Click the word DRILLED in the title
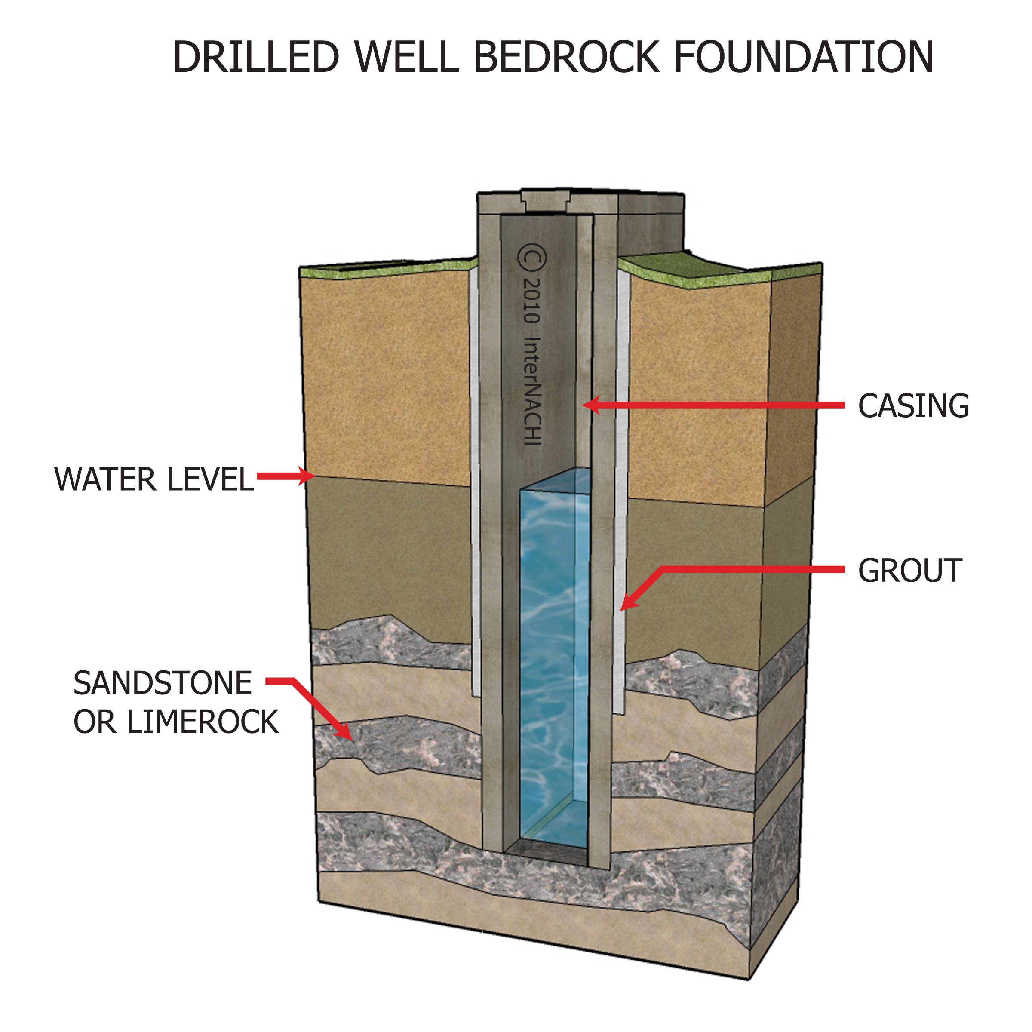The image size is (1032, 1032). tap(256, 57)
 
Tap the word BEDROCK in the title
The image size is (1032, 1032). tap(566, 57)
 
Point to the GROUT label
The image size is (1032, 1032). tap(910, 571)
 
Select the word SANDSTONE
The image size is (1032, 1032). tap(163, 683)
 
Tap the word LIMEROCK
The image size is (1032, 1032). tap(203, 722)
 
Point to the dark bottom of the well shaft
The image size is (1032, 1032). tap(545, 853)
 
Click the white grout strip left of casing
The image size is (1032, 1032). tap(474, 481)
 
